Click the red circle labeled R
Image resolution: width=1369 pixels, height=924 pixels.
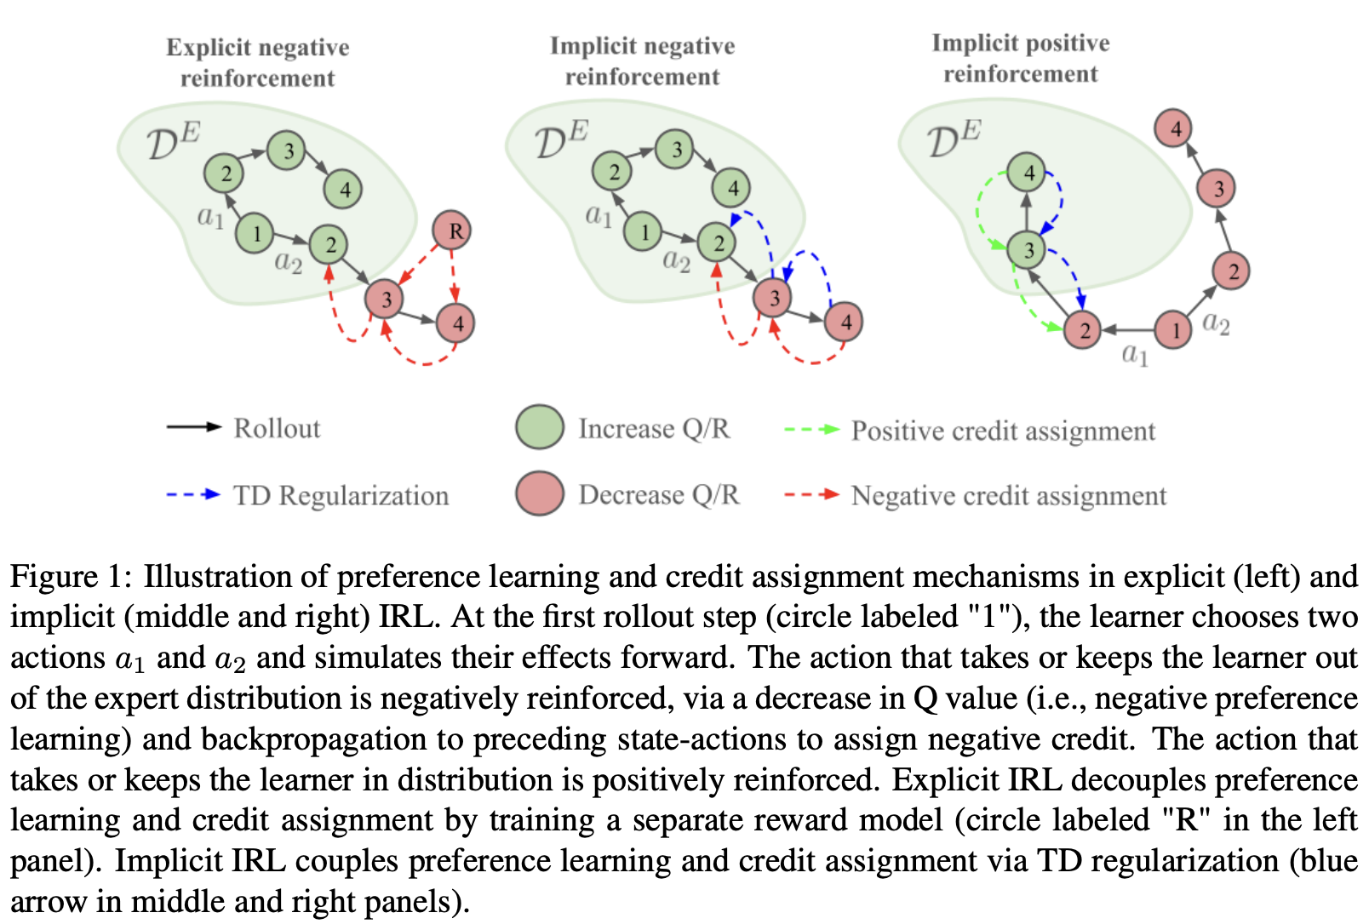coord(452,230)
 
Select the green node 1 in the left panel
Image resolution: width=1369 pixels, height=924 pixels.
coord(255,232)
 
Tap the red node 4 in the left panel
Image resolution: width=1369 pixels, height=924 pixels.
coord(455,322)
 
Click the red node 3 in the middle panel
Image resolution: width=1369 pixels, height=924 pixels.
coord(773,298)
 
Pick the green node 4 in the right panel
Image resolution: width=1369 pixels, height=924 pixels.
coord(1027,174)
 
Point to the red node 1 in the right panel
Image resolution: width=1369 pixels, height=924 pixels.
coord(1174,330)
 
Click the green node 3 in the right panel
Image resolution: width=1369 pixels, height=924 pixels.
coord(1027,250)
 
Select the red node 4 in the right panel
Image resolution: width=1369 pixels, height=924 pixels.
coord(1173,129)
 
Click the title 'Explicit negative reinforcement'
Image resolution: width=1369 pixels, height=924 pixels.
coord(257,62)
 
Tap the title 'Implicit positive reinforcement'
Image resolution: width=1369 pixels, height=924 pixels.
coord(1020,59)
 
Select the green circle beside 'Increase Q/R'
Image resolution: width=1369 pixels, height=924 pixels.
coord(540,427)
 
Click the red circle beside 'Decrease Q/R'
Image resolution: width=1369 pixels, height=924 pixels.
coord(540,493)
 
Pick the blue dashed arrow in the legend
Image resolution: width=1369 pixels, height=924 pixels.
coord(194,493)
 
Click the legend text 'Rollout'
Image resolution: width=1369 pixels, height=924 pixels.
coord(277,428)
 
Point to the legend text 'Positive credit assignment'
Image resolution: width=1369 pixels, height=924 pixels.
coord(1003,431)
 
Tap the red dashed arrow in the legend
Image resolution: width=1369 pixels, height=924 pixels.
coord(811,493)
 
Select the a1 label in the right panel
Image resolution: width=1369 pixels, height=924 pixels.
coord(1134,354)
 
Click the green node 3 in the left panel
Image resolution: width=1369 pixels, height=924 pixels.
coord(287,151)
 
